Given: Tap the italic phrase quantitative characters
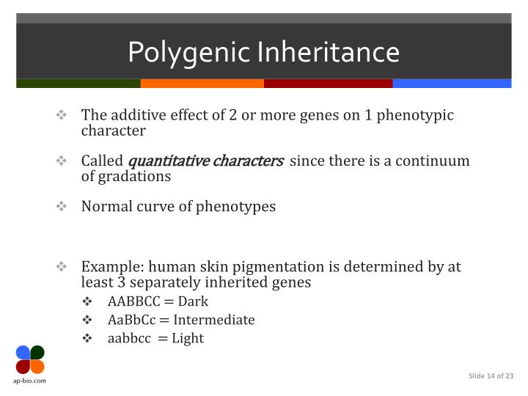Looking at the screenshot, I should pos(206,161).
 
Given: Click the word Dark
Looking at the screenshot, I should pos(193,301).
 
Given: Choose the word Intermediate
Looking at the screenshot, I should pos(214,320).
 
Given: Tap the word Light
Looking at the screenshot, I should pos(188,338).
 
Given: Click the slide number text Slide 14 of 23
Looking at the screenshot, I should pos(491,376).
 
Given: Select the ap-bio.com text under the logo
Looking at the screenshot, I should pos(30,383).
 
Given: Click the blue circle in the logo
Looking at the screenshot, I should pos(23,352).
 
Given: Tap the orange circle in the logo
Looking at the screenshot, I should pos(37,366).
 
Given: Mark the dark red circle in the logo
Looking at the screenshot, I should pos(23,366).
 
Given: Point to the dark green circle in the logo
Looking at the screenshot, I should pos(37,352).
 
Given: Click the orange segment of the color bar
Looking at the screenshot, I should pos(202,84).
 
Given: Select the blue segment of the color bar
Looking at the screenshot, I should pos(452,84).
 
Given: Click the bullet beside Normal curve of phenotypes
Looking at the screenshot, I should pos(62,207).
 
